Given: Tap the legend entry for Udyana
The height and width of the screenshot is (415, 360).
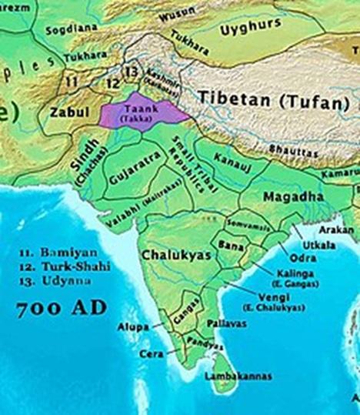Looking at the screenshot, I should tap(50, 278).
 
